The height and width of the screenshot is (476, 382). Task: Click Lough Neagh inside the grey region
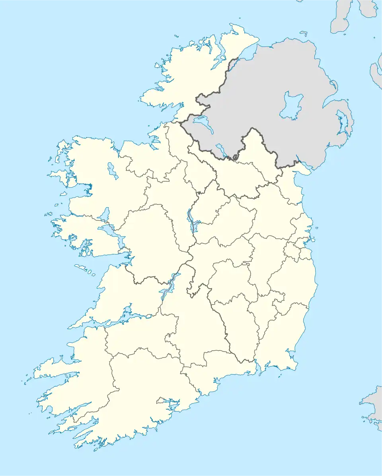click(290, 105)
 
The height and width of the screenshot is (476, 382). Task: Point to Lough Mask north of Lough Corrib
click(104, 214)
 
